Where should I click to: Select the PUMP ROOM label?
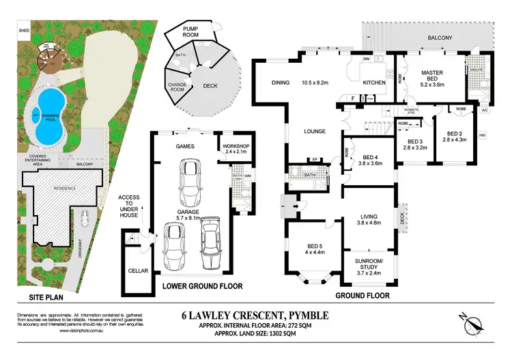point(195,32)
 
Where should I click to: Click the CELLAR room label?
point(138,271)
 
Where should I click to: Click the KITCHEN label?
point(374,82)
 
